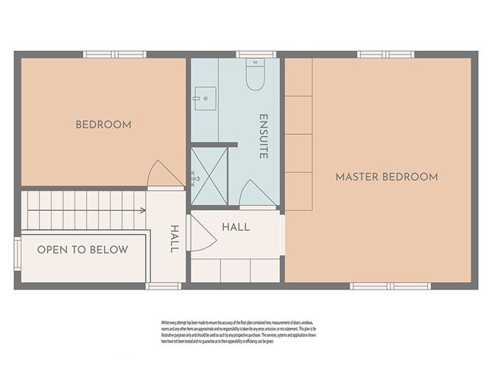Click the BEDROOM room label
[x=104, y=124]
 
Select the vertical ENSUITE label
[x=263, y=137]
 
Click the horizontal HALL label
[x=236, y=227]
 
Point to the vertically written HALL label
[x=175, y=239]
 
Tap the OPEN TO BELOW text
[x=82, y=250]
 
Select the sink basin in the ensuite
[x=204, y=96]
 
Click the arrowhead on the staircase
[x=142, y=210]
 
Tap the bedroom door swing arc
[x=162, y=175]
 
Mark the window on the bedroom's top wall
[x=114, y=54]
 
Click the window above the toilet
[x=256, y=54]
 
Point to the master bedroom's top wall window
[x=386, y=54]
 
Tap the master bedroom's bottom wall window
[x=379, y=286]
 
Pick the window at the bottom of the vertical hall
[x=163, y=286]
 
